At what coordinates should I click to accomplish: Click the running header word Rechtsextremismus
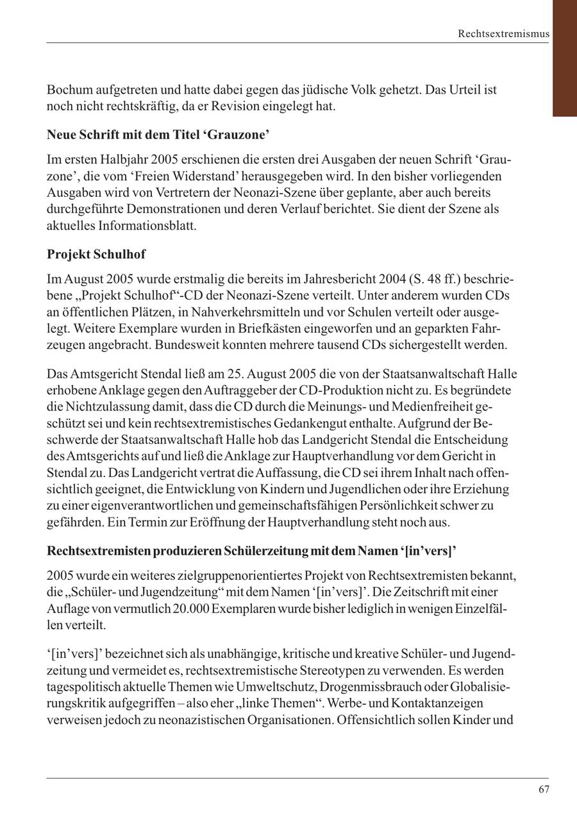click(503, 33)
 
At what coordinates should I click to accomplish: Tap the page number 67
click(544, 789)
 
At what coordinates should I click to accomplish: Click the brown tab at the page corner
click(564, 58)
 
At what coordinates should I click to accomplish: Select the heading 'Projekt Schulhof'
click(96, 254)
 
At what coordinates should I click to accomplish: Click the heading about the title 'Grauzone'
click(158, 135)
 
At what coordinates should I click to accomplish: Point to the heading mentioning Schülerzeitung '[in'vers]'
click(251, 551)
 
